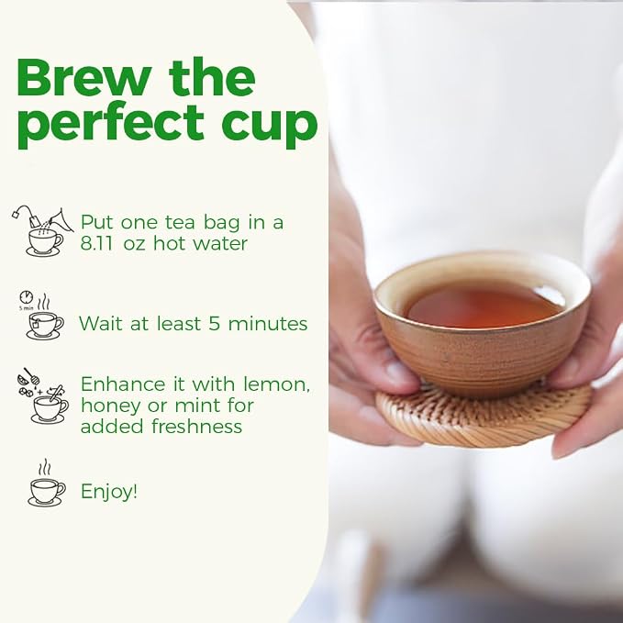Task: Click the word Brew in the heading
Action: [x=84, y=77]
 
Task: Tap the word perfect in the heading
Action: [x=110, y=124]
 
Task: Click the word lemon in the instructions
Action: [x=276, y=384]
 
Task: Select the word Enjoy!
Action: [x=109, y=492]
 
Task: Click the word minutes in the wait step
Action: [x=268, y=324]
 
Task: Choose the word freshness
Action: [x=196, y=427]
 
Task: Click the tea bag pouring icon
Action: [x=42, y=231]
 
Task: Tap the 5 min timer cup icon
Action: [x=41, y=315]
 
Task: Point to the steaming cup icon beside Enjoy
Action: [x=47, y=484]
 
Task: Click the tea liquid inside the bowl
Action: [x=485, y=306]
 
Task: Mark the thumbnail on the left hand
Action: [x=397, y=373]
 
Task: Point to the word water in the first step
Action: [x=220, y=243]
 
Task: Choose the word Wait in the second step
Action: [x=101, y=323]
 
